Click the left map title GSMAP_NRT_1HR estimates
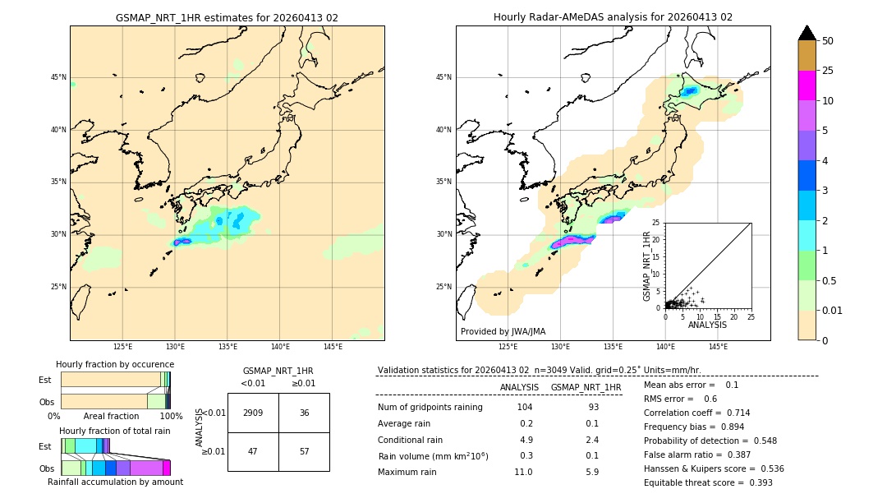(x=227, y=17)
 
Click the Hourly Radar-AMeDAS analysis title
(x=613, y=17)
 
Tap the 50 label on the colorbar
(x=828, y=41)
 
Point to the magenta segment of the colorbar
(x=807, y=85)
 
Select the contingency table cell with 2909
(x=253, y=413)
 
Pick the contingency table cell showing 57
(x=304, y=451)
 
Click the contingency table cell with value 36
(x=304, y=413)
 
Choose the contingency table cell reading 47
(x=253, y=451)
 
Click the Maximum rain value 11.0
(x=523, y=472)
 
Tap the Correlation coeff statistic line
(x=696, y=413)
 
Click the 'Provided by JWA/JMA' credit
(x=503, y=331)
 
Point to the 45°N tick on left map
(x=57, y=77)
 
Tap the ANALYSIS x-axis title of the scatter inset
(x=707, y=325)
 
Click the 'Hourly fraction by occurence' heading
(x=115, y=364)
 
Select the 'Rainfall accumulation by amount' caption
(x=115, y=482)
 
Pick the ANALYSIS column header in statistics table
(x=519, y=387)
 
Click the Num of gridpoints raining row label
(x=430, y=407)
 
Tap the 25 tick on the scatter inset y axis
(x=656, y=223)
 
